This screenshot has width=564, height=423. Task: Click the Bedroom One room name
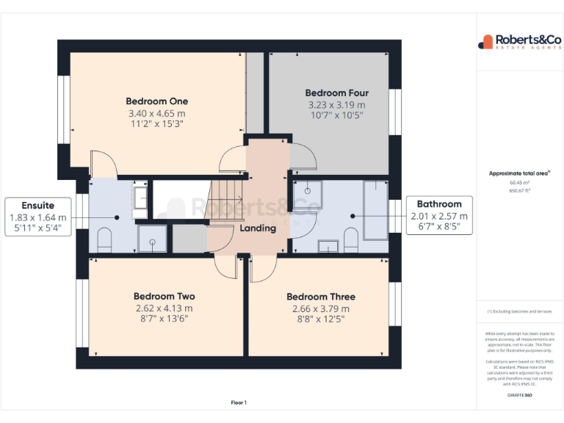[x=156, y=101]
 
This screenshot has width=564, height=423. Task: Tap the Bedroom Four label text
[x=336, y=93]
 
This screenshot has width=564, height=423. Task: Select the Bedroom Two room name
[x=164, y=297]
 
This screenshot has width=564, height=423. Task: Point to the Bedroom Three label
[x=320, y=297]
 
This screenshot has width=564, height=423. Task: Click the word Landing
[x=258, y=228]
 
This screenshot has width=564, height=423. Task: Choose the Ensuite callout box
[x=37, y=216]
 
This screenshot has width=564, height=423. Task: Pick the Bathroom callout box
[x=439, y=216]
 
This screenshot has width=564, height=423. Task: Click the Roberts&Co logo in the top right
[x=520, y=42]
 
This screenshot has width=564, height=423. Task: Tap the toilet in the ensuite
[x=104, y=239]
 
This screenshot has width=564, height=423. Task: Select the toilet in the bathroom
[x=350, y=239]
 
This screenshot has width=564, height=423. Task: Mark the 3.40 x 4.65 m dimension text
[x=156, y=114]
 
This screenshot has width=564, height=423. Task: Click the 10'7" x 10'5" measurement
[x=336, y=115]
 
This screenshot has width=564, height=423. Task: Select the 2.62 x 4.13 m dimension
[x=164, y=308]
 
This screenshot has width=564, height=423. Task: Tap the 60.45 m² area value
[x=519, y=182]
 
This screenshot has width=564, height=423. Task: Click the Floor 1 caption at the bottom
[x=239, y=402]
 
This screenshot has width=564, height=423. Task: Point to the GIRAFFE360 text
[x=519, y=396]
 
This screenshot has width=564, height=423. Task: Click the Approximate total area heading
[x=519, y=173]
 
